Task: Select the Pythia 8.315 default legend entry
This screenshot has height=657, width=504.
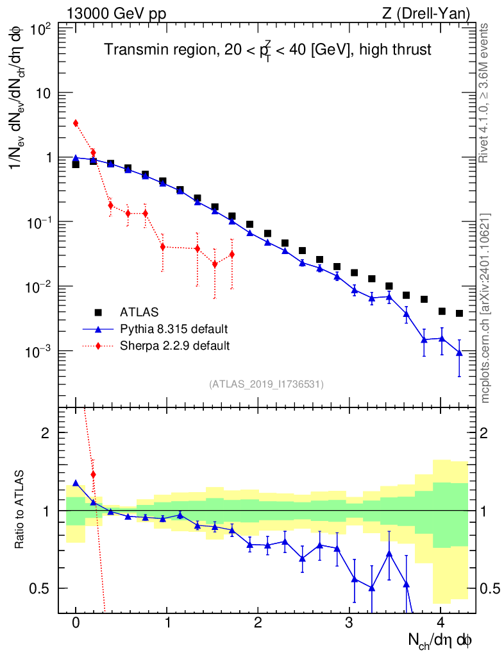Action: (x=173, y=329)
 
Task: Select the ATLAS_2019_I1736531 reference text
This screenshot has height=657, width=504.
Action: (x=266, y=384)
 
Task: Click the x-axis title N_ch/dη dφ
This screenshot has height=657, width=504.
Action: (x=441, y=640)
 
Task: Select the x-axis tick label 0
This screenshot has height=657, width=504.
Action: (x=76, y=623)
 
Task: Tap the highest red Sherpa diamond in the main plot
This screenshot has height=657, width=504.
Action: (x=76, y=123)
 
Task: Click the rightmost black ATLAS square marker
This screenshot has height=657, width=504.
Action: (x=459, y=313)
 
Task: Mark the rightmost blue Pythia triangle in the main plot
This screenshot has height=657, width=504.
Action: (x=459, y=352)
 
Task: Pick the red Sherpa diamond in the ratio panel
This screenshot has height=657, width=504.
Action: (x=94, y=475)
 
